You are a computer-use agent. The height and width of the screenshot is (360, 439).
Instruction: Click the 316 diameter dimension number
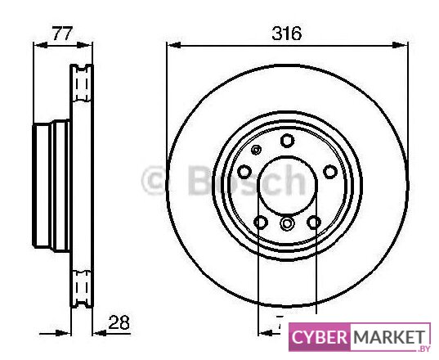[x=287, y=33]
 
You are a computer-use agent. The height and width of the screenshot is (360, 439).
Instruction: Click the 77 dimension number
[x=63, y=34]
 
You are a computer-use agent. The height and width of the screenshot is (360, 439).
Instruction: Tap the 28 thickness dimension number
[x=119, y=322]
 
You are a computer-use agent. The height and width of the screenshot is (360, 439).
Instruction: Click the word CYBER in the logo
[x=319, y=337]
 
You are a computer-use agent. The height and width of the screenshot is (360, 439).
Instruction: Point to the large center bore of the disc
[x=287, y=186]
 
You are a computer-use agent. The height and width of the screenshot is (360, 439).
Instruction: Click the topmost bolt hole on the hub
[x=287, y=141]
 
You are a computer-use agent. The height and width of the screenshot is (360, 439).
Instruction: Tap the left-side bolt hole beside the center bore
[x=244, y=172]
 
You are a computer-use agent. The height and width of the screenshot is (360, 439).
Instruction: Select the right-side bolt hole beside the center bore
[x=330, y=172]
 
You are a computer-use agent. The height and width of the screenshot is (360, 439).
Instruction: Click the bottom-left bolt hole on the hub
[x=261, y=223]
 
